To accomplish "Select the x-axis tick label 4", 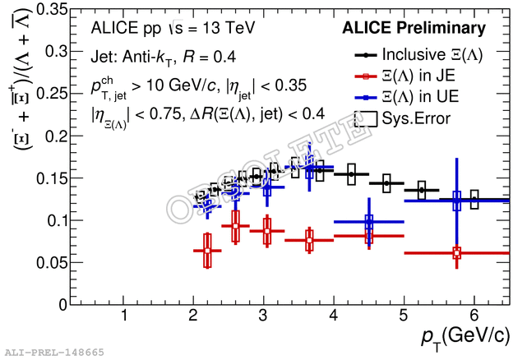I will tap(333, 316).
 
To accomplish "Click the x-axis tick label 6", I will tap(474, 316).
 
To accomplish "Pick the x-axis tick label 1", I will tap(123, 316).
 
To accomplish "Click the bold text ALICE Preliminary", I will tap(414, 29).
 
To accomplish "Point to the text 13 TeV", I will tap(227, 29).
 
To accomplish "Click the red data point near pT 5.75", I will tap(457, 253).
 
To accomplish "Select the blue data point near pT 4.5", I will tap(369, 222).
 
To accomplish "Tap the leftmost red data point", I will tap(207, 251).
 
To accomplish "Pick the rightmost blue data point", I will tap(457, 201).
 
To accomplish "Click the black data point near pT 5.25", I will tap(422, 190).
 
